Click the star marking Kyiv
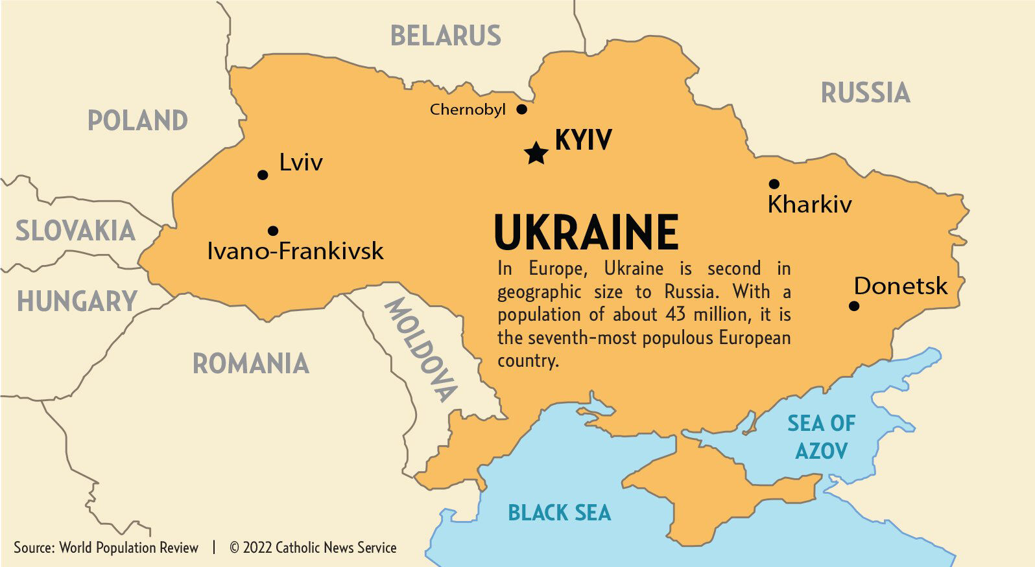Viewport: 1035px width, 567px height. tap(536, 154)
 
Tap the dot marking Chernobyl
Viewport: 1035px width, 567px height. tap(521, 109)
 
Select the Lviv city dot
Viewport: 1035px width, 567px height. tap(263, 175)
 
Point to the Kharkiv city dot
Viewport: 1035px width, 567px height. tap(774, 184)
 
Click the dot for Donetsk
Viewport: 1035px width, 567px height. tap(854, 306)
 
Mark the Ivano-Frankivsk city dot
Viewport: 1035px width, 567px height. tap(273, 231)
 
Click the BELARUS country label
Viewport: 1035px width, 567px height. tap(446, 36)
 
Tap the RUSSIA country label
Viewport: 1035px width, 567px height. tap(865, 93)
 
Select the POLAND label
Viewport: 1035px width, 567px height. tap(137, 121)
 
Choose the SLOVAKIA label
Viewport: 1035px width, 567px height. tap(75, 231)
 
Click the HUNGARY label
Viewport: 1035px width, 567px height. tap(77, 302)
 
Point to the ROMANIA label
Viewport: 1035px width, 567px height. tap(251, 364)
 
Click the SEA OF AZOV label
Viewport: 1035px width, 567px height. tap(821, 437)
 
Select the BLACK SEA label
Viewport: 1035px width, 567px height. tap(559, 513)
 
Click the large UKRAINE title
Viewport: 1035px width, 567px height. tap(586, 233)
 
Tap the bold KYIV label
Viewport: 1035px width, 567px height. tap(583, 140)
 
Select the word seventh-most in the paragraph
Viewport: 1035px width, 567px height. tap(597, 338)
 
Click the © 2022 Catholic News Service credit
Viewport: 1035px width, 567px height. tap(313, 548)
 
